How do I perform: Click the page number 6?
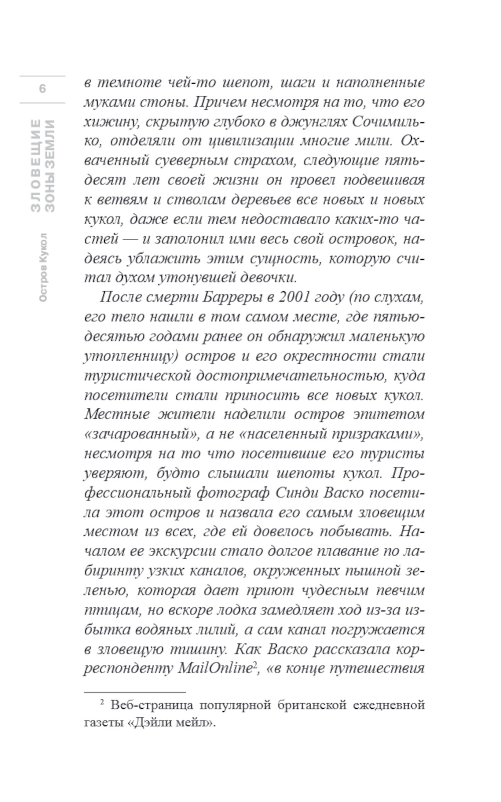tap(43, 89)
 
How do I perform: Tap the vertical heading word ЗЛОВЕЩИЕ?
tap(36, 165)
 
